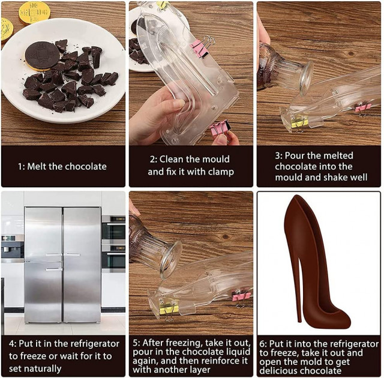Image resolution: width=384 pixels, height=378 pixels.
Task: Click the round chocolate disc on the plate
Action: tap(43, 56)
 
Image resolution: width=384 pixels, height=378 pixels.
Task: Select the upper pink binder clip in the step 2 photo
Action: tap(202, 47)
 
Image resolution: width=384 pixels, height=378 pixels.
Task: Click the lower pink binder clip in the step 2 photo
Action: tap(220, 130)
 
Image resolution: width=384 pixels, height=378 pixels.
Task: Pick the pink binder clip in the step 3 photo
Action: tap(362, 109)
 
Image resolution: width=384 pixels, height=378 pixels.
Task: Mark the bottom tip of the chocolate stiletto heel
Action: tap(300, 321)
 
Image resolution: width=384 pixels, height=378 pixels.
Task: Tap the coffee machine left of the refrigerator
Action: tap(13, 247)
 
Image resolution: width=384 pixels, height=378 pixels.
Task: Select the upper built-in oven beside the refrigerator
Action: tap(113, 227)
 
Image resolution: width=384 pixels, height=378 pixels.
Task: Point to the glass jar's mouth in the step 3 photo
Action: tap(306, 78)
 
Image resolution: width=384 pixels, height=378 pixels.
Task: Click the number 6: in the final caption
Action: tap(263, 344)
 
